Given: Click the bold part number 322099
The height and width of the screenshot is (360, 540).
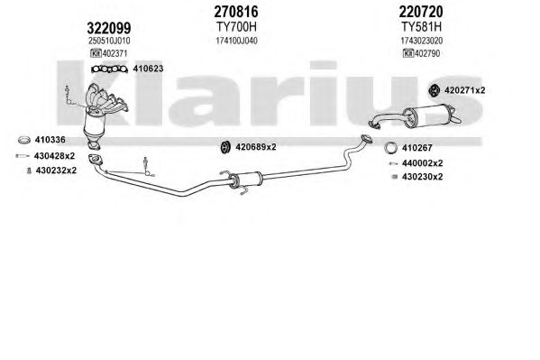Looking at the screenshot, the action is (109, 28).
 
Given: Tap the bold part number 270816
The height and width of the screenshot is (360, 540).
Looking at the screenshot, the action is (236, 12).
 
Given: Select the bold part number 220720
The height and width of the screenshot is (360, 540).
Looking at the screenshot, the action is (421, 12).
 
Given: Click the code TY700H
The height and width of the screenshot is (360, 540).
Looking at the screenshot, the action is (236, 26).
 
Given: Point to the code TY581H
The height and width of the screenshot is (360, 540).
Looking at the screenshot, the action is (421, 26).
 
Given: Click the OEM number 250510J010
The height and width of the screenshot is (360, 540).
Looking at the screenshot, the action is (109, 41).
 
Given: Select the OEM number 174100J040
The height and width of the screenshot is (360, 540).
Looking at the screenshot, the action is (236, 41).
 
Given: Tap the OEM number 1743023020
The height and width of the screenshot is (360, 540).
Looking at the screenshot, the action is (421, 41).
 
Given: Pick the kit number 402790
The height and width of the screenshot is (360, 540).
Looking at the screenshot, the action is (427, 53).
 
